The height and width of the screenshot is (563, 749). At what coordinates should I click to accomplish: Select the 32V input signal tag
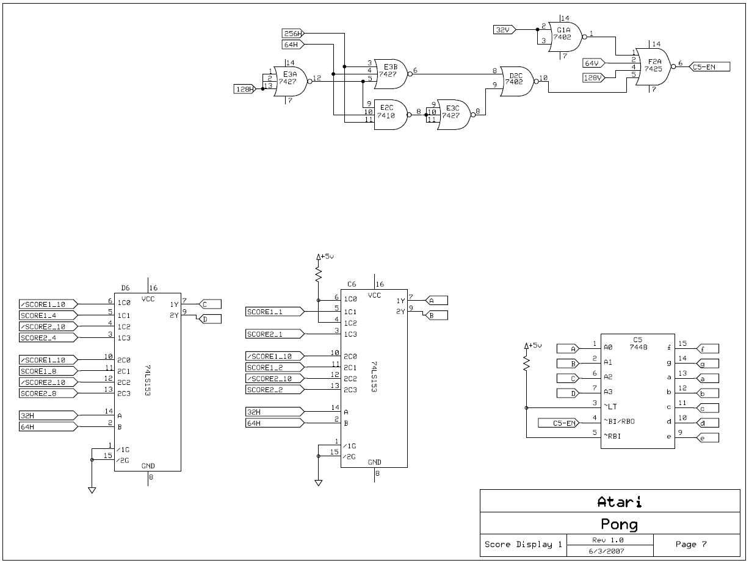(504, 29)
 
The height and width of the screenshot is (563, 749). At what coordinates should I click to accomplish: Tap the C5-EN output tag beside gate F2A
(708, 67)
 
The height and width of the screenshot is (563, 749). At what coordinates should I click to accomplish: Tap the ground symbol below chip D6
(92, 489)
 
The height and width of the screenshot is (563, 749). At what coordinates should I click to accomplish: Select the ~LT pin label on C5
(610, 406)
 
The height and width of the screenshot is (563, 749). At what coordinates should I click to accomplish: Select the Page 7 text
(691, 544)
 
